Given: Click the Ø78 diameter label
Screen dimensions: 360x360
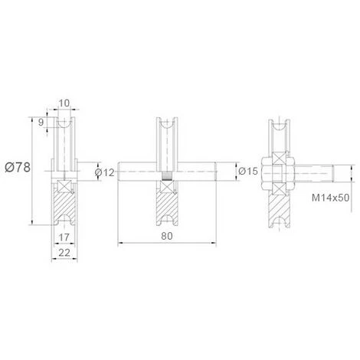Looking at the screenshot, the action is [x=18, y=168].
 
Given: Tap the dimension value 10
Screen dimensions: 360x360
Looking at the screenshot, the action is [x=64, y=103].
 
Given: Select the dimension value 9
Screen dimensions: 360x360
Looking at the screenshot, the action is [x=41, y=123].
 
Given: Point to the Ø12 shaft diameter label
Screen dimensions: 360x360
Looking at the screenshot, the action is [x=105, y=172].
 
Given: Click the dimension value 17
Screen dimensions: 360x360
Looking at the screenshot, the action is [x=64, y=237].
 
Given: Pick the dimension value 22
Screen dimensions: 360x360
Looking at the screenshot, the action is [x=64, y=253].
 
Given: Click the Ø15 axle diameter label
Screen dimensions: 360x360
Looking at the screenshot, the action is [x=248, y=171].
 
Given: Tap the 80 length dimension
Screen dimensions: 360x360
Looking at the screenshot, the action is [x=167, y=236].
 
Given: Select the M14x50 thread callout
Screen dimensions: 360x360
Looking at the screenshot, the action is [x=330, y=198].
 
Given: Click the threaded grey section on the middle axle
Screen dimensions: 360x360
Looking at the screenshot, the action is [x=167, y=176].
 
